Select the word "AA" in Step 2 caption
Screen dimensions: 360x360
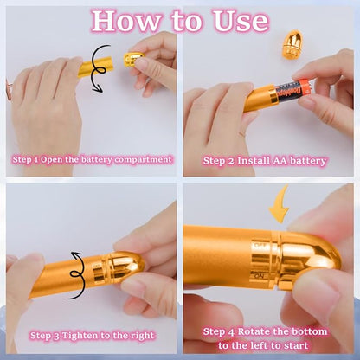pyautogui.click(x=280, y=160)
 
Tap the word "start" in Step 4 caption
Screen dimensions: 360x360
pyautogui.click(x=306, y=344)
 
